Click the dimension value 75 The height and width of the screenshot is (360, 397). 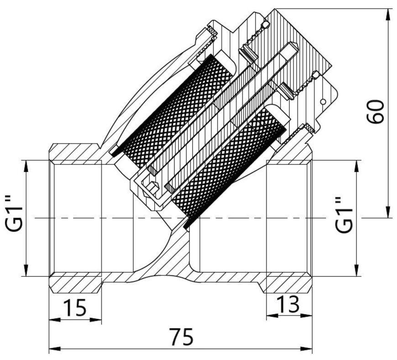181,337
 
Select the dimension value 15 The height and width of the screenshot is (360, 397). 75,308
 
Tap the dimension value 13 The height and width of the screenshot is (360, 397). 288,304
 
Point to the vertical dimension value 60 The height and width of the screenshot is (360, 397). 376,112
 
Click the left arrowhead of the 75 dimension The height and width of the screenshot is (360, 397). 54,349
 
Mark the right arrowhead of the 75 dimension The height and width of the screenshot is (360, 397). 306,349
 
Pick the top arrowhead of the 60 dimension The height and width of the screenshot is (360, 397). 387,15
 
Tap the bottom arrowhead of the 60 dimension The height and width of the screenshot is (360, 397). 387,212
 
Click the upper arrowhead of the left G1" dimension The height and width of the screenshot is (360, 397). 26,166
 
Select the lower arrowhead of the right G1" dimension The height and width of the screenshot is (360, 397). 357,270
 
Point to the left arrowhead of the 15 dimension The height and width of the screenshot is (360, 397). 54,320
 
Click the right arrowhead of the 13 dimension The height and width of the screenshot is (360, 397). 306,316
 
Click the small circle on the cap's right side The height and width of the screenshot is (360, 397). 323,102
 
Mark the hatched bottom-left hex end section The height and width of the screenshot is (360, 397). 75,283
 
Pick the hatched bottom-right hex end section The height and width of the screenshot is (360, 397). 289,283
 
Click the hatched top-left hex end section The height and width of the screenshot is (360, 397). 75,152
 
